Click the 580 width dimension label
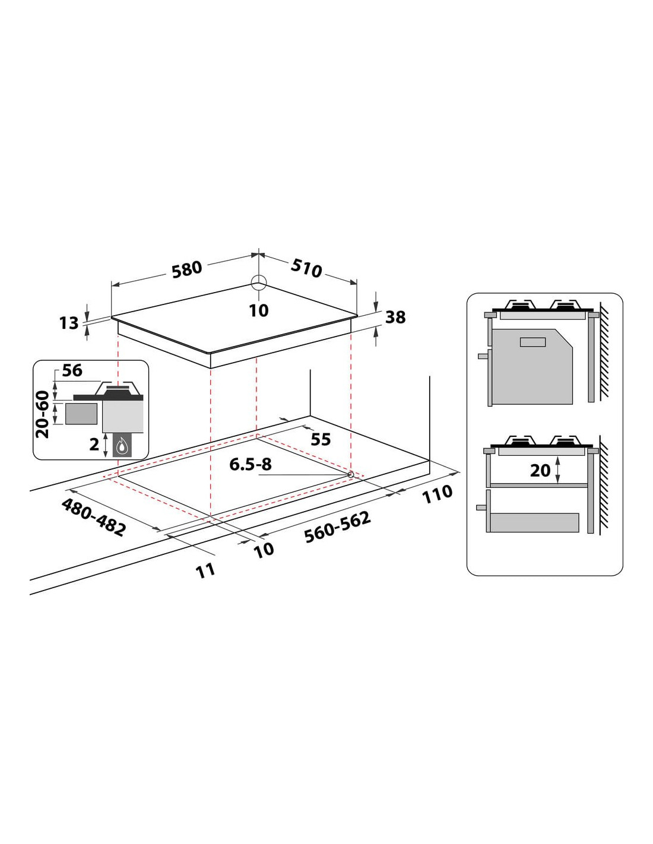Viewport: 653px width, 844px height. click(187, 269)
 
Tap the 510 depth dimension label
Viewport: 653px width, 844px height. click(306, 268)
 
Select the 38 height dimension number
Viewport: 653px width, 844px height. click(395, 318)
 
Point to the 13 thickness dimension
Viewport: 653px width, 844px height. click(69, 323)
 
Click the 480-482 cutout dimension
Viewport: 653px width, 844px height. click(94, 518)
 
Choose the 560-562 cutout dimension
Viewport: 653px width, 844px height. click(337, 526)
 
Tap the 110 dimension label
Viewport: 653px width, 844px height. click(438, 494)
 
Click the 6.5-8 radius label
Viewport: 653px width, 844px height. click(251, 464)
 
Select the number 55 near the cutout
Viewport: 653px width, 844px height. click(321, 439)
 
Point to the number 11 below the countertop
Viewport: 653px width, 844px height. click(205, 570)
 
